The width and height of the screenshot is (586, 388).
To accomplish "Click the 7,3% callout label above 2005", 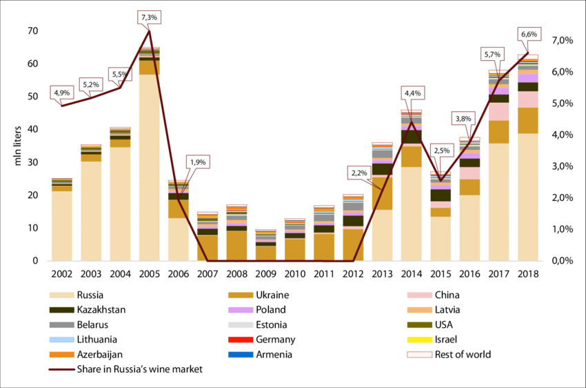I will (149, 17).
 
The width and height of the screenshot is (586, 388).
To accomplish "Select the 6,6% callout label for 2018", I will (529, 35).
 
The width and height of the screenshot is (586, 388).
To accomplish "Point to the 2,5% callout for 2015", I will (442, 151).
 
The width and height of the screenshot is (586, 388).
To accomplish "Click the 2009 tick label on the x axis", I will (267, 274).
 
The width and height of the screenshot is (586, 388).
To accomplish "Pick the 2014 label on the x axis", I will (412, 274).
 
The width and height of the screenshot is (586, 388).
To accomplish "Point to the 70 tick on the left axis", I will (33, 31).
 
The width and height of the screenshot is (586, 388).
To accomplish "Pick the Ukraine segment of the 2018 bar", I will (528, 120).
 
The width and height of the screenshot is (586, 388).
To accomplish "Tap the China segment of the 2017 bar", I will (499, 111).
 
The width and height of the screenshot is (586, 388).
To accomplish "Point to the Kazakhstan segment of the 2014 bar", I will (412, 137).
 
